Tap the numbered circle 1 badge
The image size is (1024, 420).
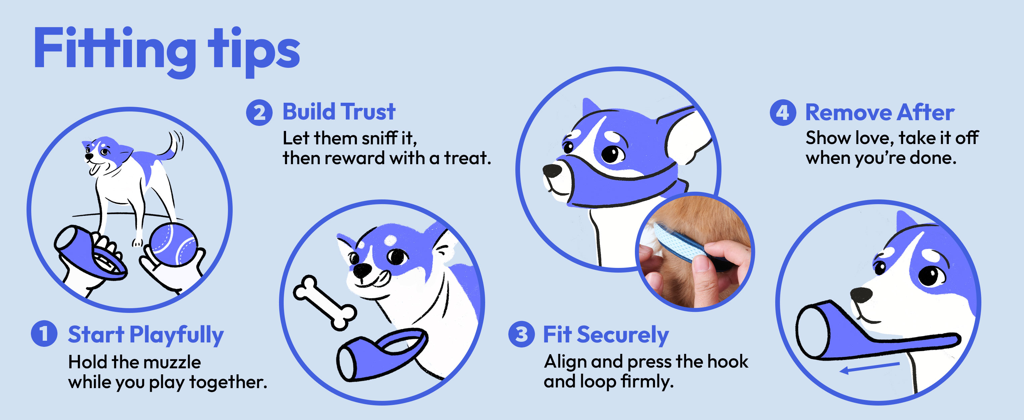(x=44, y=333)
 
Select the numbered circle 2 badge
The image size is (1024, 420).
(x=259, y=112)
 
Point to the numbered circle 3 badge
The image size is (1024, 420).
(x=521, y=334)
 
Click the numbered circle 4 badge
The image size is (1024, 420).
(x=783, y=112)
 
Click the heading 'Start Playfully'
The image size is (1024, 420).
(x=146, y=335)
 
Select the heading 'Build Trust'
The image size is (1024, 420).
(x=339, y=112)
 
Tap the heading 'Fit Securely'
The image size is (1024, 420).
(x=606, y=335)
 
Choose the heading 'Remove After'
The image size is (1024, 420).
(x=880, y=112)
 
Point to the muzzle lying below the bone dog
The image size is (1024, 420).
(x=381, y=354)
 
